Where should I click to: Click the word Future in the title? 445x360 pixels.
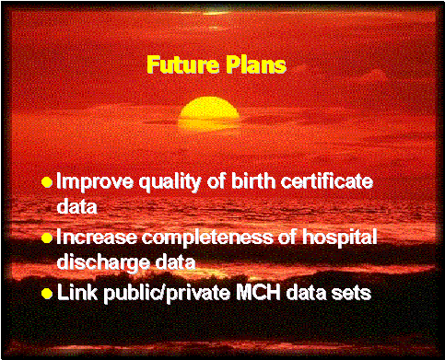point(179,66)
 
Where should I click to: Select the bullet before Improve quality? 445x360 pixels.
point(46,182)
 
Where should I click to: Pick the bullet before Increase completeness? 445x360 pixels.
point(46,238)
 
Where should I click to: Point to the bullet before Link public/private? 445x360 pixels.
point(46,294)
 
